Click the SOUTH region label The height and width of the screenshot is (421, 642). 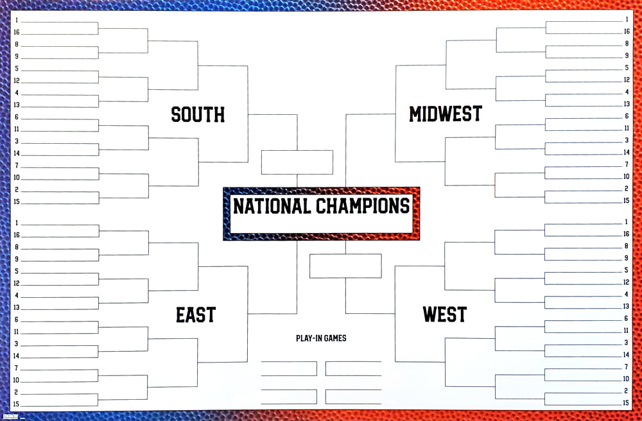(198, 115)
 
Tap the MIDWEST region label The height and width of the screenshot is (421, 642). (445, 114)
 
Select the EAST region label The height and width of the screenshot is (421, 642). (196, 315)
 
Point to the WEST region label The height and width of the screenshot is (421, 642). (444, 315)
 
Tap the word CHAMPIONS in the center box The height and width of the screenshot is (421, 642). (363, 207)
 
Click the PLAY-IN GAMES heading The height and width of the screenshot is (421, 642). (321, 338)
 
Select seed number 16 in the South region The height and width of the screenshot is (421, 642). (17, 32)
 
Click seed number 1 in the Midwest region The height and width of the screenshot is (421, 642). (626, 20)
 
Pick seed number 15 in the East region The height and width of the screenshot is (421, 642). (17, 404)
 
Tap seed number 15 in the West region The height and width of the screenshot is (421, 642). (626, 403)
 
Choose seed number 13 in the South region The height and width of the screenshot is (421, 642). (17, 105)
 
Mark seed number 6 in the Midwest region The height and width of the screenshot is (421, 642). (626, 116)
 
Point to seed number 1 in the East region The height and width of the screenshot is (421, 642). (17, 223)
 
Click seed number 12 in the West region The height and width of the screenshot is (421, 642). (626, 282)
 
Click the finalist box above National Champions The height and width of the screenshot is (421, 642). (297, 162)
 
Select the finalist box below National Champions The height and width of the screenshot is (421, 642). (345, 266)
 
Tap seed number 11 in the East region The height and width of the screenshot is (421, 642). (17, 332)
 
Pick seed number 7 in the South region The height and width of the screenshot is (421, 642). (17, 165)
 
